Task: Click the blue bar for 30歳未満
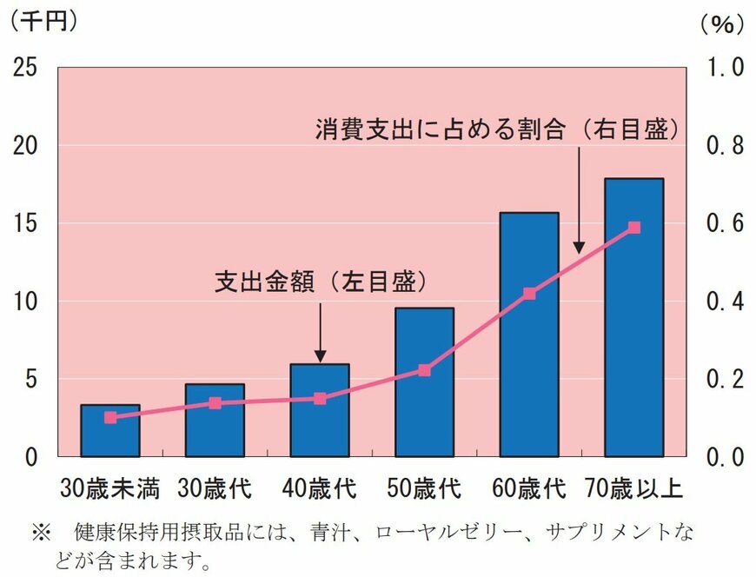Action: click(x=110, y=431)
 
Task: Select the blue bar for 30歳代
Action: click(x=215, y=421)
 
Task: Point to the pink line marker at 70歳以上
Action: click(x=633, y=228)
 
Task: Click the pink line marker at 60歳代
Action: click(x=529, y=294)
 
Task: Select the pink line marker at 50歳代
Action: click(x=424, y=370)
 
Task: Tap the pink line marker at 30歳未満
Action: click(x=110, y=417)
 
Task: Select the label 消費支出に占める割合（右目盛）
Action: click(x=495, y=130)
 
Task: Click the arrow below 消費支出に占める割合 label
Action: click(x=579, y=200)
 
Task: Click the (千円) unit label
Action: click(x=43, y=22)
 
